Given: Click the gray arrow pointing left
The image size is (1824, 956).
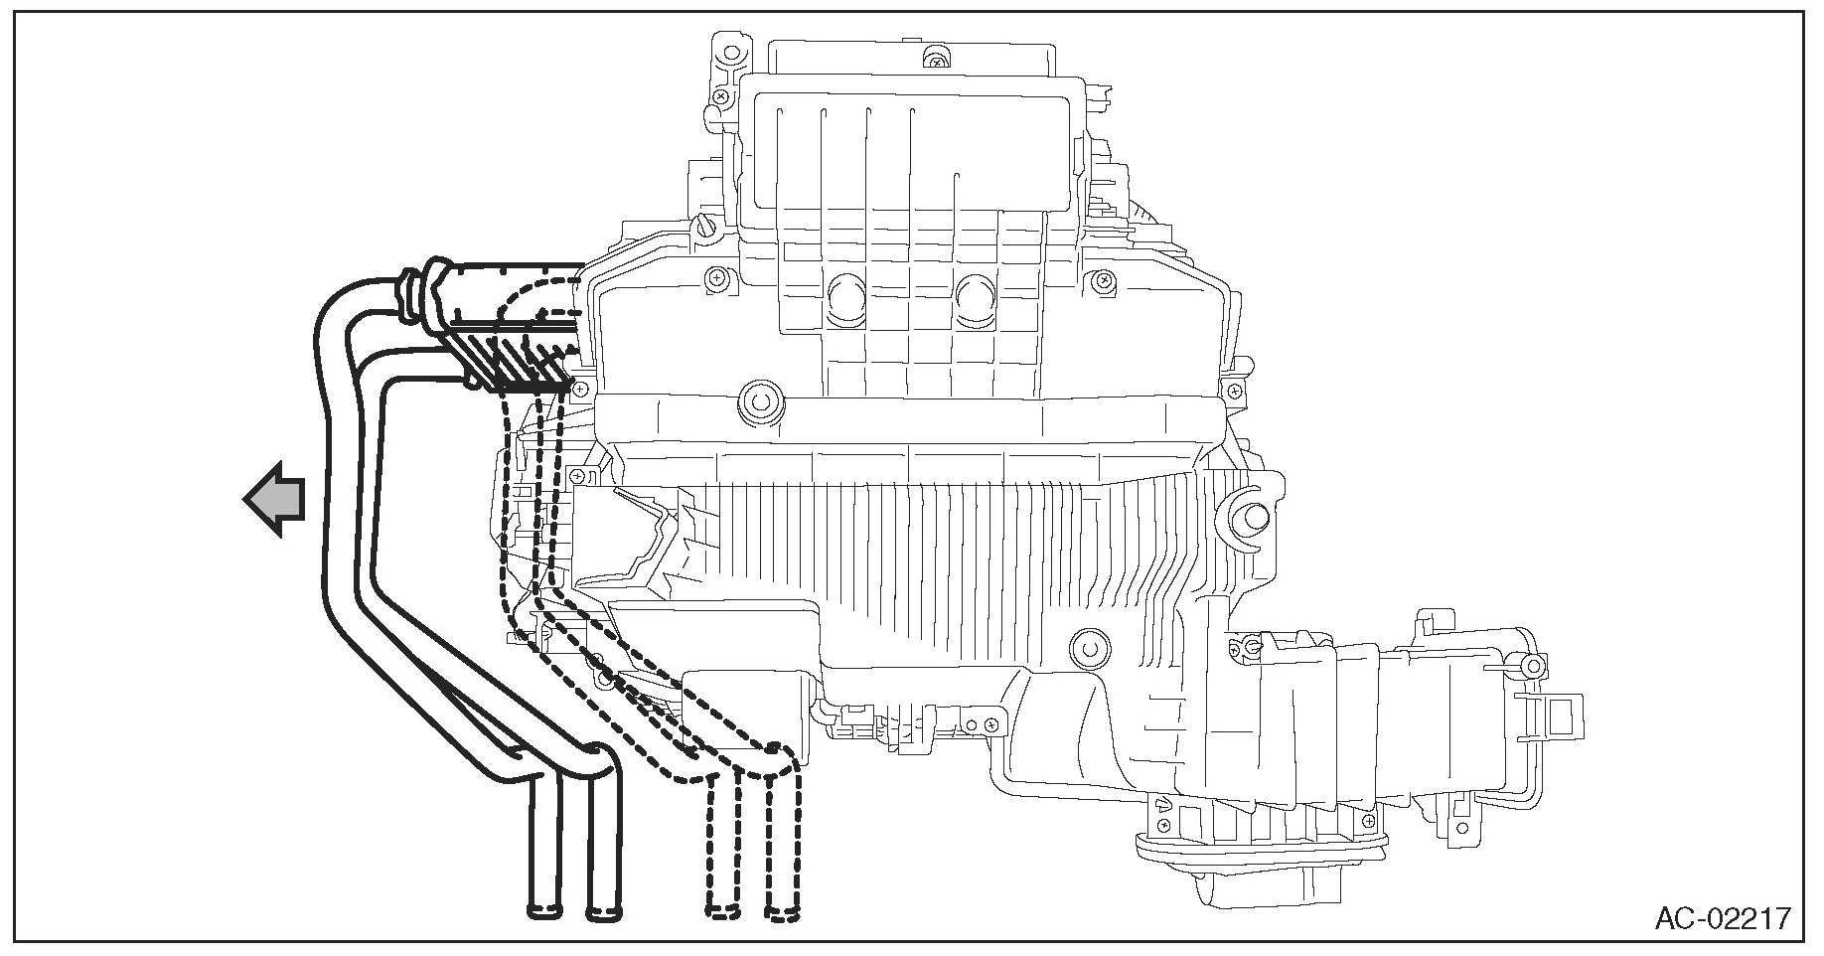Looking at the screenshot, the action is point(274,499).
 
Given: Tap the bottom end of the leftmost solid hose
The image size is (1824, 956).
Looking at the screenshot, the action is point(543,907).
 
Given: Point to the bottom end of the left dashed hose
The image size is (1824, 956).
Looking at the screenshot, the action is point(722,908).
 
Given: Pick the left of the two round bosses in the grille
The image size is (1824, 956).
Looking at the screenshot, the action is point(847,297).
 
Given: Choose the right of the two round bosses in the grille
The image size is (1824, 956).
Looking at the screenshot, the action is point(978,297).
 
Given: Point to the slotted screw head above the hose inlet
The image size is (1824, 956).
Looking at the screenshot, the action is point(706,226).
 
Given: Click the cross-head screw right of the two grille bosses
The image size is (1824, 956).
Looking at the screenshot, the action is point(1099,283).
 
